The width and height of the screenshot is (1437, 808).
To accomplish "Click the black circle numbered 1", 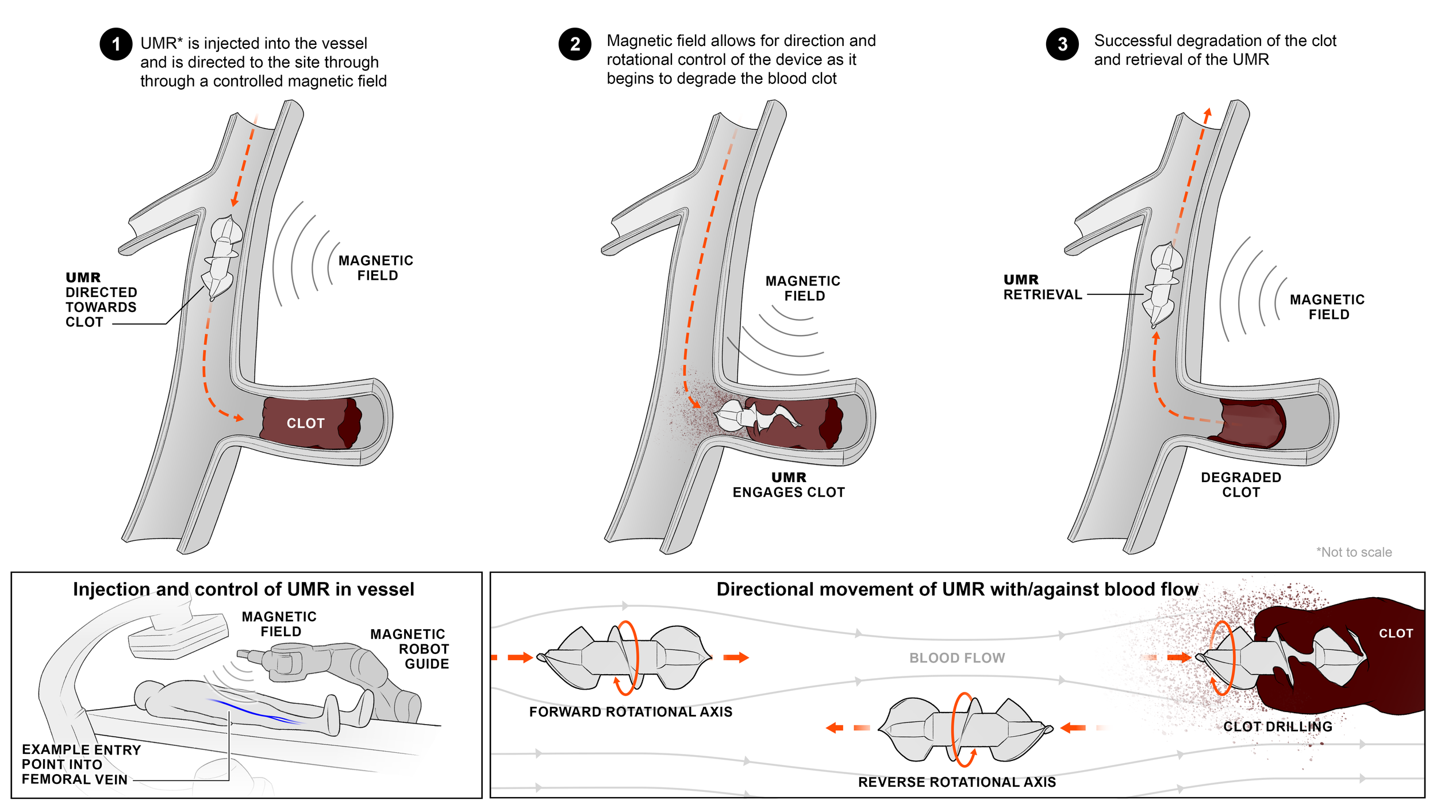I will pyautogui.click(x=116, y=44).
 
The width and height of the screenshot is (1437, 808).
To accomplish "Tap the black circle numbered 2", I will pyautogui.click(x=575, y=44).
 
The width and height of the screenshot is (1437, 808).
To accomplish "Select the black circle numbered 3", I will pyautogui.click(x=1062, y=44).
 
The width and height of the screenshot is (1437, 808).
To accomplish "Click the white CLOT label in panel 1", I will pyautogui.click(x=306, y=424).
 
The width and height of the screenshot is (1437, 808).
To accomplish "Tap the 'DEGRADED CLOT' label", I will pyautogui.click(x=1241, y=485).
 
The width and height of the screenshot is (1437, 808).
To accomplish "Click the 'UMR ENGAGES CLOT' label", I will pyautogui.click(x=789, y=485).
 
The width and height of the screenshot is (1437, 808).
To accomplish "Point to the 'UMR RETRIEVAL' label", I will pyautogui.click(x=1042, y=287).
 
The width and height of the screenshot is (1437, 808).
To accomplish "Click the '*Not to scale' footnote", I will pyautogui.click(x=1354, y=552).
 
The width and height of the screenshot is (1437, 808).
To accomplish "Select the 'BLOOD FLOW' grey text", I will pyautogui.click(x=957, y=658).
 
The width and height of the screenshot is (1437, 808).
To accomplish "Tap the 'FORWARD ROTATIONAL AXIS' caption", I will pyautogui.click(x=631, y=712).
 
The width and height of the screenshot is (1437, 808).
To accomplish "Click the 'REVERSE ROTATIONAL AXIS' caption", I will pyautogui.click(x=957, y=782).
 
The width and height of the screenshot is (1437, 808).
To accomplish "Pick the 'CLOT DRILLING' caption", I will pyautogui.click(x=1278, y=727).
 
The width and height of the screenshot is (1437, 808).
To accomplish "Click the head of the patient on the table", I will pyautogui.click(x=148, y=694).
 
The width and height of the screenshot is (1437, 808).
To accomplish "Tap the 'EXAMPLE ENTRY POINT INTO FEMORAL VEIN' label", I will pyautogui.click(x=80, y=765).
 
